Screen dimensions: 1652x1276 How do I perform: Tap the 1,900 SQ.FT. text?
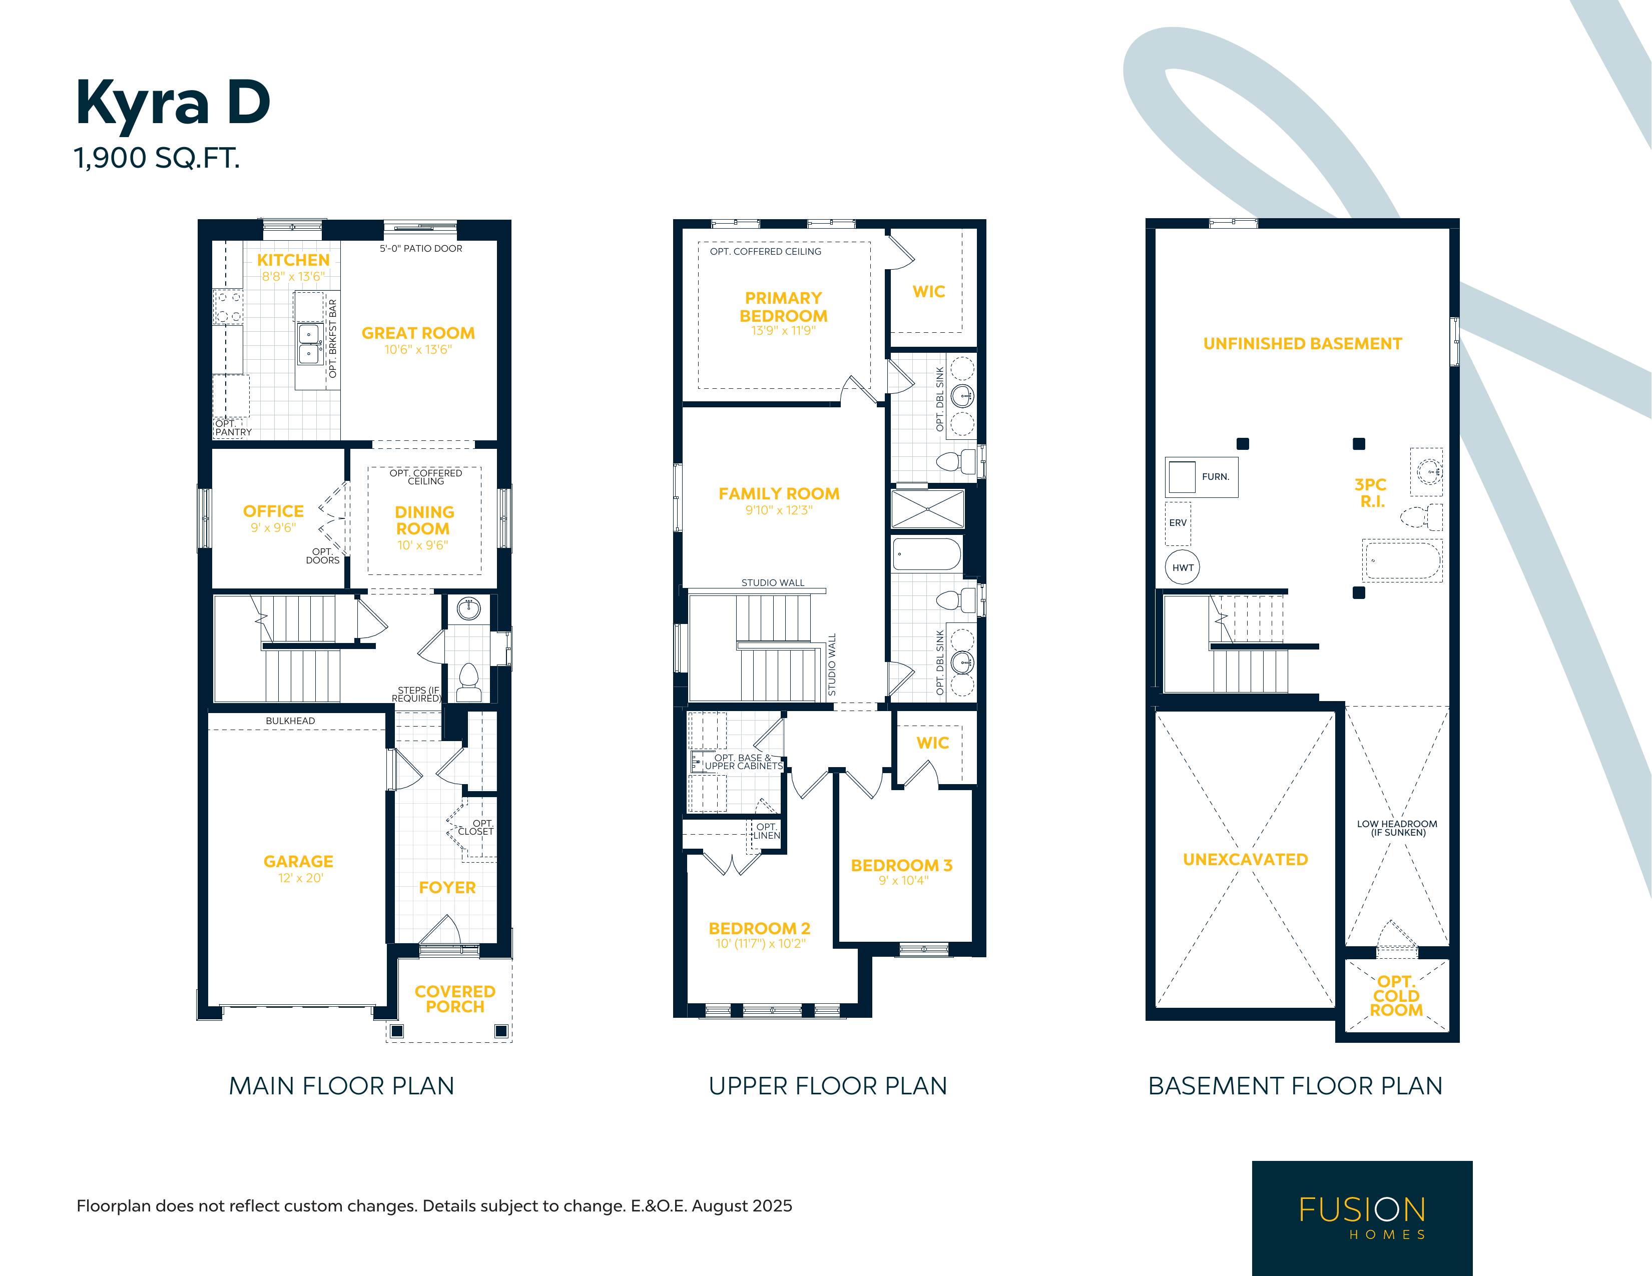157,158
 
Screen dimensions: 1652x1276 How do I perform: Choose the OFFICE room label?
273,511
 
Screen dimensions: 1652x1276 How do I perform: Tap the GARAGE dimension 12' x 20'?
300,878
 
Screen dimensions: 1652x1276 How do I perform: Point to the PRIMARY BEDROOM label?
784,307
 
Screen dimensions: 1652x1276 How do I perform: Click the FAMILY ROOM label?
779,494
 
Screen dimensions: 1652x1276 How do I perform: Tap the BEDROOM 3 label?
902,865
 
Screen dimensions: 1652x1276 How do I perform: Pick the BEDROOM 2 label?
759,928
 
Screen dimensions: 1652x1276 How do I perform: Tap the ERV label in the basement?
1178,522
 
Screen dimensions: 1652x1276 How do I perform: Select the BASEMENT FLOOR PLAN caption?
1295,1086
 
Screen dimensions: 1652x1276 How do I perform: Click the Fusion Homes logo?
1362,1218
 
